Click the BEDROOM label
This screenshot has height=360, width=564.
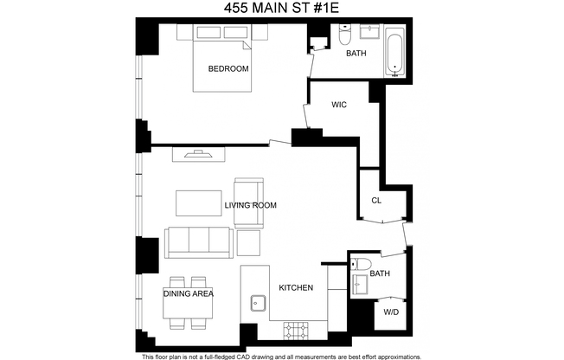(x=228, y=68)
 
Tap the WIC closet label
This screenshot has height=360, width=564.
(x=339, y=105)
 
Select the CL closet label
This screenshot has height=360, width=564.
(x=375, y=200)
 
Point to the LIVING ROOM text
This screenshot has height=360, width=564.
(x=250, y=205)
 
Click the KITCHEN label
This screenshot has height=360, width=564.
(x=295, y=287)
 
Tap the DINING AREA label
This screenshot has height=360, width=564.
(x=188, y=293)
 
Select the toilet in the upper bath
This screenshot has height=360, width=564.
(x=343, y=37)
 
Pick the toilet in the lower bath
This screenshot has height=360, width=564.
(x=362, y=266)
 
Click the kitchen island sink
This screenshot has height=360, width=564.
(x=256, y=302)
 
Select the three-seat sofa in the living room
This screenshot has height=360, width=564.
(x=198, y=241)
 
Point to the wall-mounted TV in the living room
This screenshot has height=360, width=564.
(x=198, y=154)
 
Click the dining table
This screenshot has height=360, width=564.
(x=188, y=304)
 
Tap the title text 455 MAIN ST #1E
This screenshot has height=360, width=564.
(x=281, y=9)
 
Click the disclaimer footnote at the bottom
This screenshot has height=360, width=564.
(x=281, y=356)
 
